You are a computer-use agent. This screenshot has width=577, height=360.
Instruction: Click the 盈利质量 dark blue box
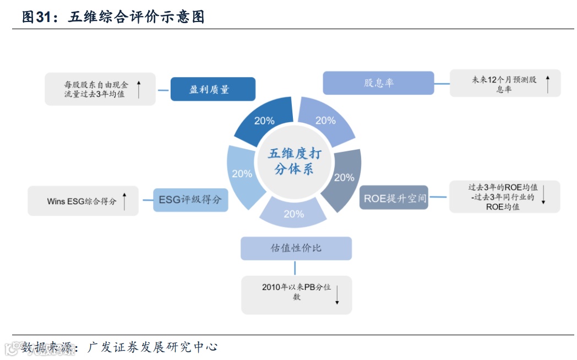[x=213, y=89]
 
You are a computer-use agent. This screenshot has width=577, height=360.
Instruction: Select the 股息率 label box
[x=378, y=83]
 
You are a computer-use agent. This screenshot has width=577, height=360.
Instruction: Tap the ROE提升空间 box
[x=394, y=198]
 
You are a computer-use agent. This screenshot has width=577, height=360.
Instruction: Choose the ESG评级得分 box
[x=190, y=199]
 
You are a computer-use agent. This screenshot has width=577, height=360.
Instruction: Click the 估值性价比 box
[x=296, y=248]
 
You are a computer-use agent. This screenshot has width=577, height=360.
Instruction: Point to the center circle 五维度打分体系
[x=294, y=161]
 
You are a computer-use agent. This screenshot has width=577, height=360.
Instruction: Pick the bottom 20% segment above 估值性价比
[x=293, y=214]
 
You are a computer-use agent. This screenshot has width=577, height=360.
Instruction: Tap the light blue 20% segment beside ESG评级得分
[x=242, y=174]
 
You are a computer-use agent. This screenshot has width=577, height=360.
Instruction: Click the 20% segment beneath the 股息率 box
[x=325, y=121]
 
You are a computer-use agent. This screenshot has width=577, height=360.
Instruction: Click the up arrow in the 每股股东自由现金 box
[x=139, y=89]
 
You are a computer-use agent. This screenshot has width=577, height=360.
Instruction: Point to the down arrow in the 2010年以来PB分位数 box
[x=336, y=294]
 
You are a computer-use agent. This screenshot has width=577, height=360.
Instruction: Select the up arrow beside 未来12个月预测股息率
[x=548, y=84]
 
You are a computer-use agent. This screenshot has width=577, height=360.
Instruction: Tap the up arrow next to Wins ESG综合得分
[x=125, y=201]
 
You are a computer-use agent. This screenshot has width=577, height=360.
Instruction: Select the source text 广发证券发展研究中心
[x=153, y=347]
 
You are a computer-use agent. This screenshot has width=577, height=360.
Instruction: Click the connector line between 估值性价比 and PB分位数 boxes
[x=296, y=268]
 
